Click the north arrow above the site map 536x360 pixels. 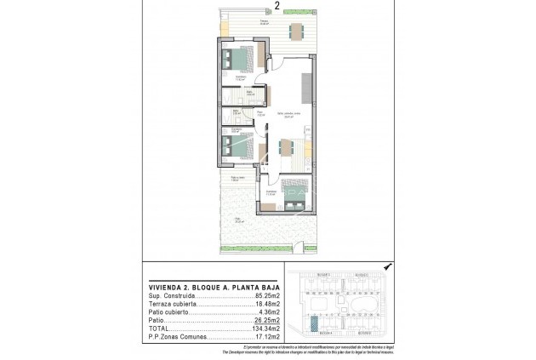click(x=386, y=266)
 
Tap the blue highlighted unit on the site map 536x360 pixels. click(x=316, y=323)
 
